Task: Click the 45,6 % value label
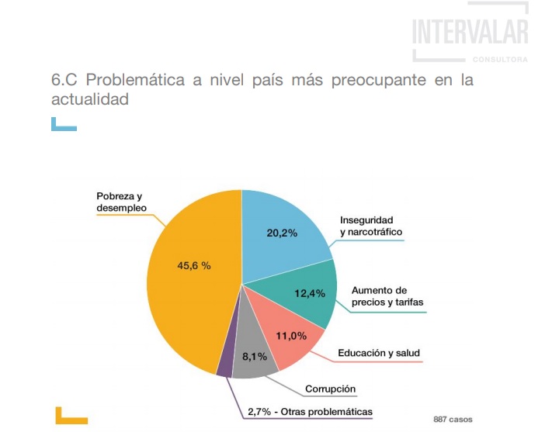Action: pyautogui.click(x=194, y=265)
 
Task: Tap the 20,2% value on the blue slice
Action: pyautogui.click(x=282, y=233)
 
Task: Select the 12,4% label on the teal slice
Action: pyautogui.click(x=310, y=293)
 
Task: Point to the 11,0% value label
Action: pyautogui.click(x=291, y=336)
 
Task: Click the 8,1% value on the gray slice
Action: pyautogui.click(x=255, y=357)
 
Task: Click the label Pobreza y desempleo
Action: pyautogui.click(x=121, y=202)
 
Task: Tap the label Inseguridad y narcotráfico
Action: pyautogui.click(x=371, y=226)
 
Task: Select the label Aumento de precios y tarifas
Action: pyautogui.click(x=387, y=296)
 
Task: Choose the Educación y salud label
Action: pyautogui.click(x=379, y=353)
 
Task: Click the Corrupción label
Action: pyautogui.click(x=330, y=389)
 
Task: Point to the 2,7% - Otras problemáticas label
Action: pyautogui.click(x=310, y=412)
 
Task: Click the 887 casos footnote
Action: pyautogui.click(x=453, y=420)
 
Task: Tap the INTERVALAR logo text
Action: pyautogui.click(x=470, y=32)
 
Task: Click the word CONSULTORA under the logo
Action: pyautogui.click(x=500, y=60)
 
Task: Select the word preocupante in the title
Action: pyautogui.click(x=378, y=81)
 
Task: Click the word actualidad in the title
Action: pyautogui.click(x=90, y=98)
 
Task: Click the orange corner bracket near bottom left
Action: pyautogui.click(x=71, y=420)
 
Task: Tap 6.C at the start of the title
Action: pyautogui.click(x=64, y=80)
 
